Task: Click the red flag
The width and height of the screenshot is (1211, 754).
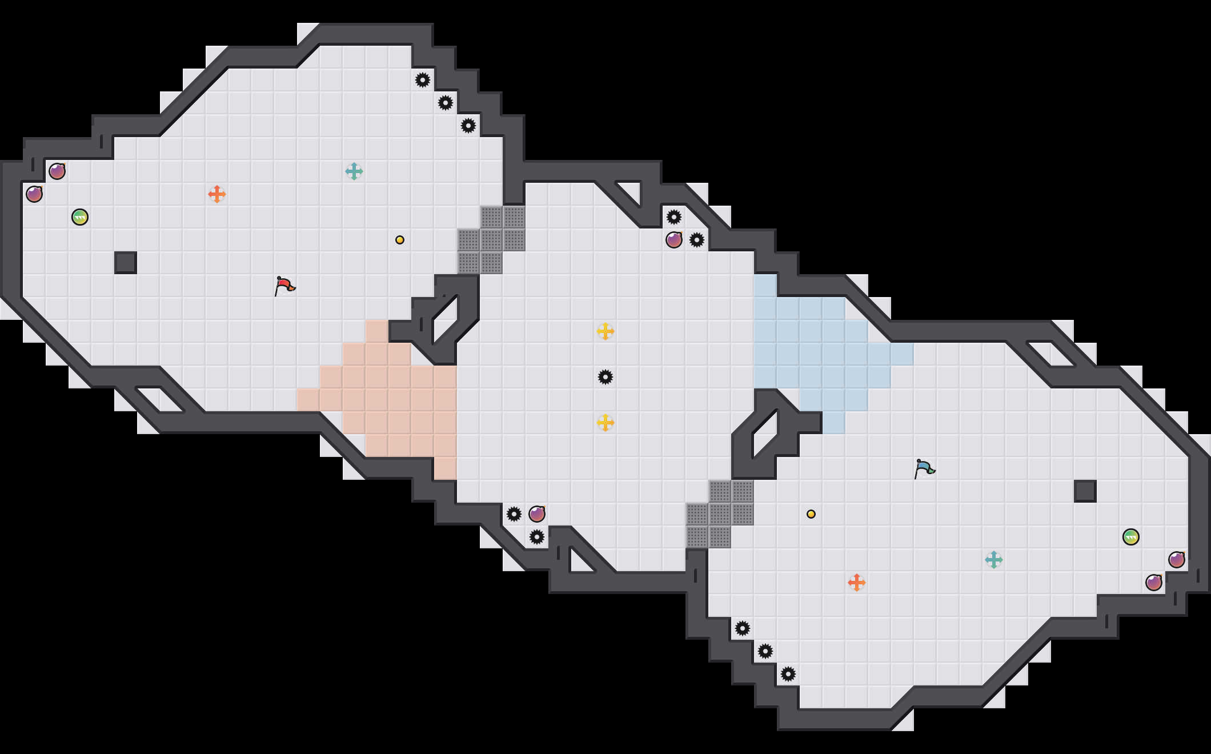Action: coord(284,285)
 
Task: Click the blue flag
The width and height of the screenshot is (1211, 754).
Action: coord(924,468)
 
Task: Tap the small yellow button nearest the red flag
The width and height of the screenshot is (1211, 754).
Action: coord(400,240)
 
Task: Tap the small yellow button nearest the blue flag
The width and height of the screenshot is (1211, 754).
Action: coord(811,514)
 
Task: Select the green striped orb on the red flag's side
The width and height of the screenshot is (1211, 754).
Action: coord(80,217)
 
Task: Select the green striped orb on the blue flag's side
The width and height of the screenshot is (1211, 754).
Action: coord(1131,537)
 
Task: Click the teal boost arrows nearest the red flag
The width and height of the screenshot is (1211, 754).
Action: coord(354,171)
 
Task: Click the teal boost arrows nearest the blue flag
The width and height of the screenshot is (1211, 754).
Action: coord(994,560)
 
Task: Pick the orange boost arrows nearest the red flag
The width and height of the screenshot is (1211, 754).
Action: coord(217,194)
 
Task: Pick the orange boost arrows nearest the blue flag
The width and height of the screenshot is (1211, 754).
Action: coord(857,583)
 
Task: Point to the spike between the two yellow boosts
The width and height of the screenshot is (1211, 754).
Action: coord(605,377)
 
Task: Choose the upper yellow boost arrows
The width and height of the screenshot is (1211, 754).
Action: coord(605,331)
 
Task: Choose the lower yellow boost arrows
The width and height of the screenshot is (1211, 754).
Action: coord(605,423)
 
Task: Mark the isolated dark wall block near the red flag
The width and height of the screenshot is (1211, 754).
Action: coord(126,263)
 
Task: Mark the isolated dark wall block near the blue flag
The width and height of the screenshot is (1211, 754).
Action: coord(1085,491)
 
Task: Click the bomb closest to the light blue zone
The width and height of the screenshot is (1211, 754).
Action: coord(674,240)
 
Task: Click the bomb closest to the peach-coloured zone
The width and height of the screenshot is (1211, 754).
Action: coord(537,514)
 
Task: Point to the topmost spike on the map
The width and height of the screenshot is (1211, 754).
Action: coord(423,80)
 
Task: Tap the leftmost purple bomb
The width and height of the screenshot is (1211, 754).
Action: coord(34,194)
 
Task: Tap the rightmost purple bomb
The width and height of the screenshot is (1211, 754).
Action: coord(1177,560)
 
